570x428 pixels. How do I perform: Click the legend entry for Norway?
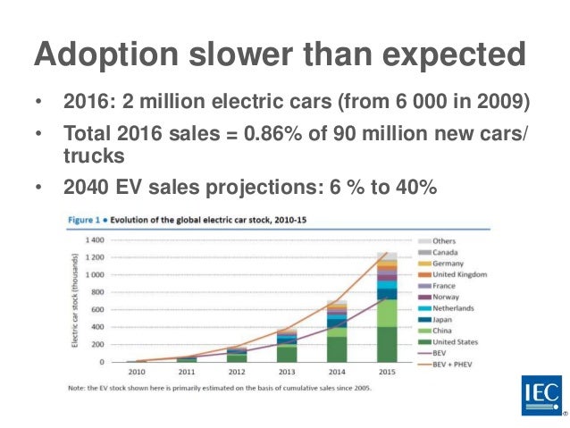(x=448, y=296)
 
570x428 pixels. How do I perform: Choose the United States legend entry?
(x=457, y=340)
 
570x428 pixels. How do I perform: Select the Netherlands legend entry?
(x=455, y=307)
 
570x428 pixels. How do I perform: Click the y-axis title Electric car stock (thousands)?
(x=77, y=301)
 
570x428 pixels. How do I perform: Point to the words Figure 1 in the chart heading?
(x=86, y=219)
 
